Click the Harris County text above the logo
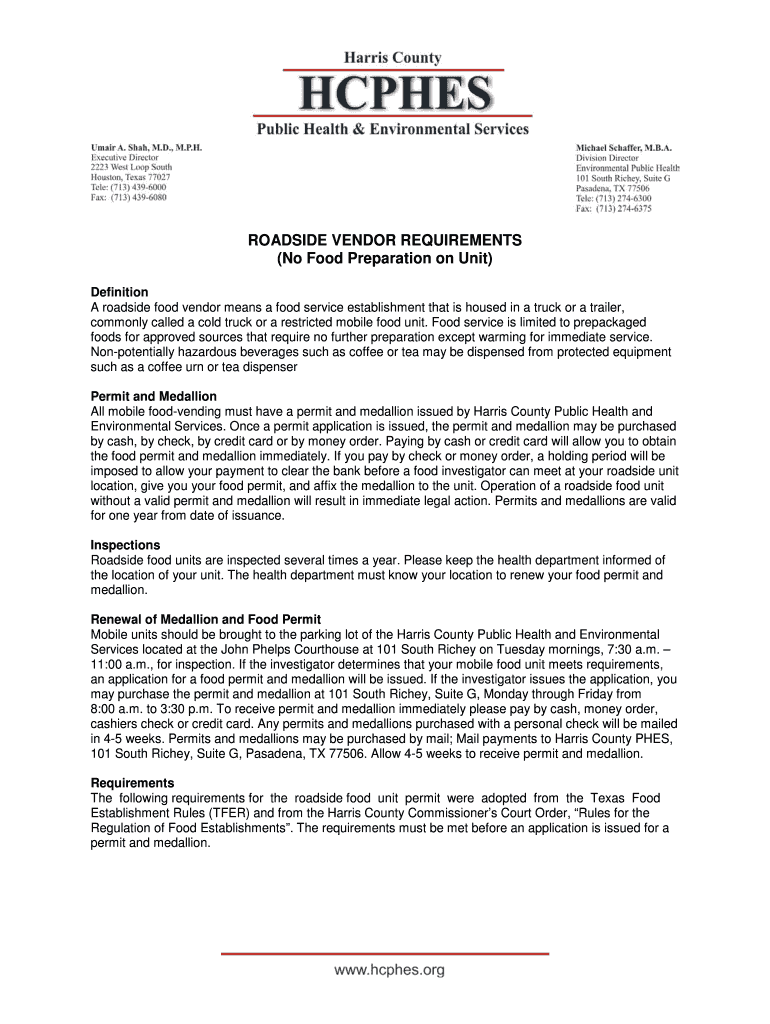click(391, 58)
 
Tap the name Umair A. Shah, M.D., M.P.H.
click(147, 147)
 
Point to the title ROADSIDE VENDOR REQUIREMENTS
click(385, 241)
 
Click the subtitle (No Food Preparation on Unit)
click(385, 260)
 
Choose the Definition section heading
click(120, 292)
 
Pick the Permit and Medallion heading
click(154, 397)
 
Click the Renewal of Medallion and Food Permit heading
click(206, 620)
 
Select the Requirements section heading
click(133, 783)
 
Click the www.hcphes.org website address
click(390, 970)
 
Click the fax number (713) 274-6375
click(614, 209)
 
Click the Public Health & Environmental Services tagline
click(391, 129)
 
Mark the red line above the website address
click(385, 954)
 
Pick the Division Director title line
click(607, 158)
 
